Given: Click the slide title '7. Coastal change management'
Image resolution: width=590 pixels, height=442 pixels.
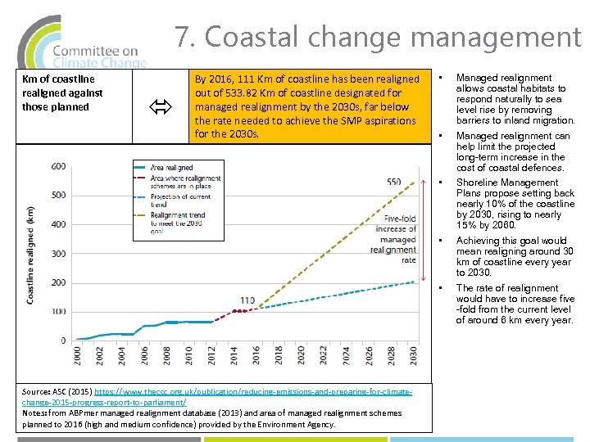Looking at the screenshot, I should [377, 37].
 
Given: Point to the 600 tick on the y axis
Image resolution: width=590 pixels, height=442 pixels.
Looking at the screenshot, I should [58, 166].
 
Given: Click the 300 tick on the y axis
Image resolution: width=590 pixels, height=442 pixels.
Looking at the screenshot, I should [58, 254].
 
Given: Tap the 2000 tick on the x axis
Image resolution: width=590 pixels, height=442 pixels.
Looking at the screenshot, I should [78, 358].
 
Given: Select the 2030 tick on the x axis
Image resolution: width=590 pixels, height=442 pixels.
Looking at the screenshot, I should [413, 358].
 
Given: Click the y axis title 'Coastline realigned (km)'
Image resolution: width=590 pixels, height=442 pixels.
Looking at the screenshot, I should [30, 254].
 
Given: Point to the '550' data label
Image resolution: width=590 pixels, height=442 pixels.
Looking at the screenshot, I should [393, 182].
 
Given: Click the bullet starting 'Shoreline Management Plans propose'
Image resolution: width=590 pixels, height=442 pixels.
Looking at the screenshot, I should [515, 204].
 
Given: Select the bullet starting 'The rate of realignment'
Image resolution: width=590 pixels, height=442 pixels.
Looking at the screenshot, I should [515, 304].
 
